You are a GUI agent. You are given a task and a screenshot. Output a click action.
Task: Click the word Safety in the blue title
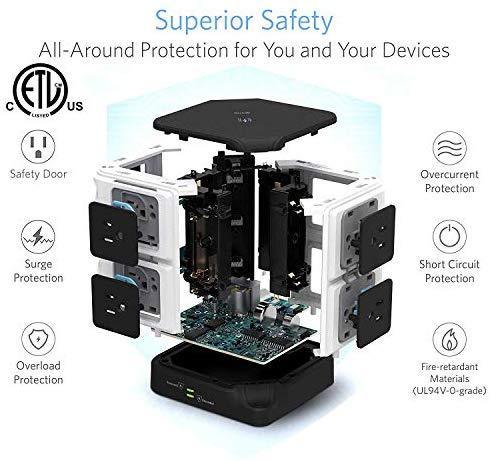pyautogui.click(x=297, y=21)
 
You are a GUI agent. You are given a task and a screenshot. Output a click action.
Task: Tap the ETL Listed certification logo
pyautogui.click(x=41, y=90)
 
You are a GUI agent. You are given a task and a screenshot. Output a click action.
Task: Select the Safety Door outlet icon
pyautogui.click(x=38, y=147)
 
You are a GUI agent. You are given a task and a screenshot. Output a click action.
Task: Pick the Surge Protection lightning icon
pyautogui.click(x=38, y=237)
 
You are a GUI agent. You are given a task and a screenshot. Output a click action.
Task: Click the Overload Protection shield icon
pyautogui.click(x=38, y=339)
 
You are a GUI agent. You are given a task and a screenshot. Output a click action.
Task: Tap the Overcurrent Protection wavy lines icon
pyautogui.click(x=449, y=148)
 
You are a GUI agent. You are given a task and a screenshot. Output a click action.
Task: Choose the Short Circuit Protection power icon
pyautogui.click(x=449, y=237)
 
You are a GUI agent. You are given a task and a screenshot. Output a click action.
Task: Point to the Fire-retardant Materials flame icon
pyautogui.click(x=449, y=340)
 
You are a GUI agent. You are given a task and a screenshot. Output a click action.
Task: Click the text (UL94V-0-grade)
pyautogui.click(x=449, y=390)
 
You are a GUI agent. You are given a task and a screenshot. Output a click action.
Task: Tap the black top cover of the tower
pyautogui.click(x=245, y=124)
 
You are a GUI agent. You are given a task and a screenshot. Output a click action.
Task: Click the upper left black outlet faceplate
pyautogui.click(x=114, y=233)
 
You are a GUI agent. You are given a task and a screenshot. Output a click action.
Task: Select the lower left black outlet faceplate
pyautogui.click(x=116, y=306)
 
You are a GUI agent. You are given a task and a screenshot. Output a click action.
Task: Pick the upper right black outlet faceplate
pyautogui.click(x=377, y=239)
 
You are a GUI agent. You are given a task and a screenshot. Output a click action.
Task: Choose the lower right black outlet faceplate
pyautogui.click(x=374, y=313)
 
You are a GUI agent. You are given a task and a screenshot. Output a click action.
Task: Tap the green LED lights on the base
pyautogui.click(x=191, y=393)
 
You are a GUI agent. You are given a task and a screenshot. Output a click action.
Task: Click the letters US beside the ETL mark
pyautogui.click(x=75, y=106)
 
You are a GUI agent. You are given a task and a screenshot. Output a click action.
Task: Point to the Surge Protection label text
pyautogui.click(x=38, y=271)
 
